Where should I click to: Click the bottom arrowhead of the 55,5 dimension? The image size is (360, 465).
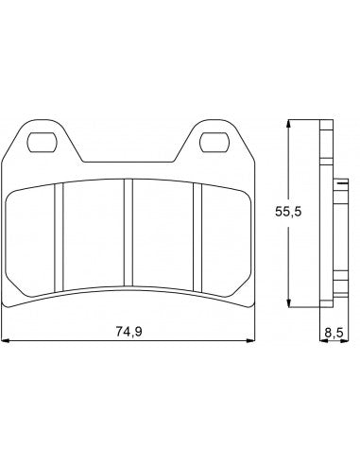tap(289, 302)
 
